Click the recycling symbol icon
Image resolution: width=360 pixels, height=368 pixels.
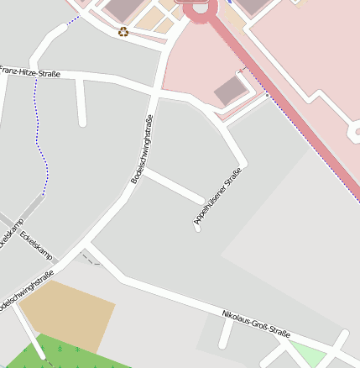[x=123, y=32]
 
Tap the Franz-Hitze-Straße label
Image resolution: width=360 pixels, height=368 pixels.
[x=29, y=72]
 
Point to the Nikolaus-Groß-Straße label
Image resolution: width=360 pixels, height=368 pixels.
[x=256, y=323]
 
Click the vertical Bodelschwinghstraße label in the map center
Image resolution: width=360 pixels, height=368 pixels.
[x=142, y=149]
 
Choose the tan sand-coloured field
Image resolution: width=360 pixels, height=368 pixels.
[x=66, y=314]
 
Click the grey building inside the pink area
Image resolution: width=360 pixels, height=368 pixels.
[x=230, y=90]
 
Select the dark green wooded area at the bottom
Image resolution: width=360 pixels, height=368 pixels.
[x=76, y=355]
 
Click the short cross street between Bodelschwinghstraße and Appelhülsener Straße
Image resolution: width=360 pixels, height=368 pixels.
[x=172, y=186]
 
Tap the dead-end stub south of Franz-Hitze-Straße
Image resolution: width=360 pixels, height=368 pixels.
[x=81, y=104]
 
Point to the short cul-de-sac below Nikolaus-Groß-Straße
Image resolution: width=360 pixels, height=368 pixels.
[x=225, y=334]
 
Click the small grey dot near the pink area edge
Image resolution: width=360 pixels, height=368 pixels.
[x=267, y=96]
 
